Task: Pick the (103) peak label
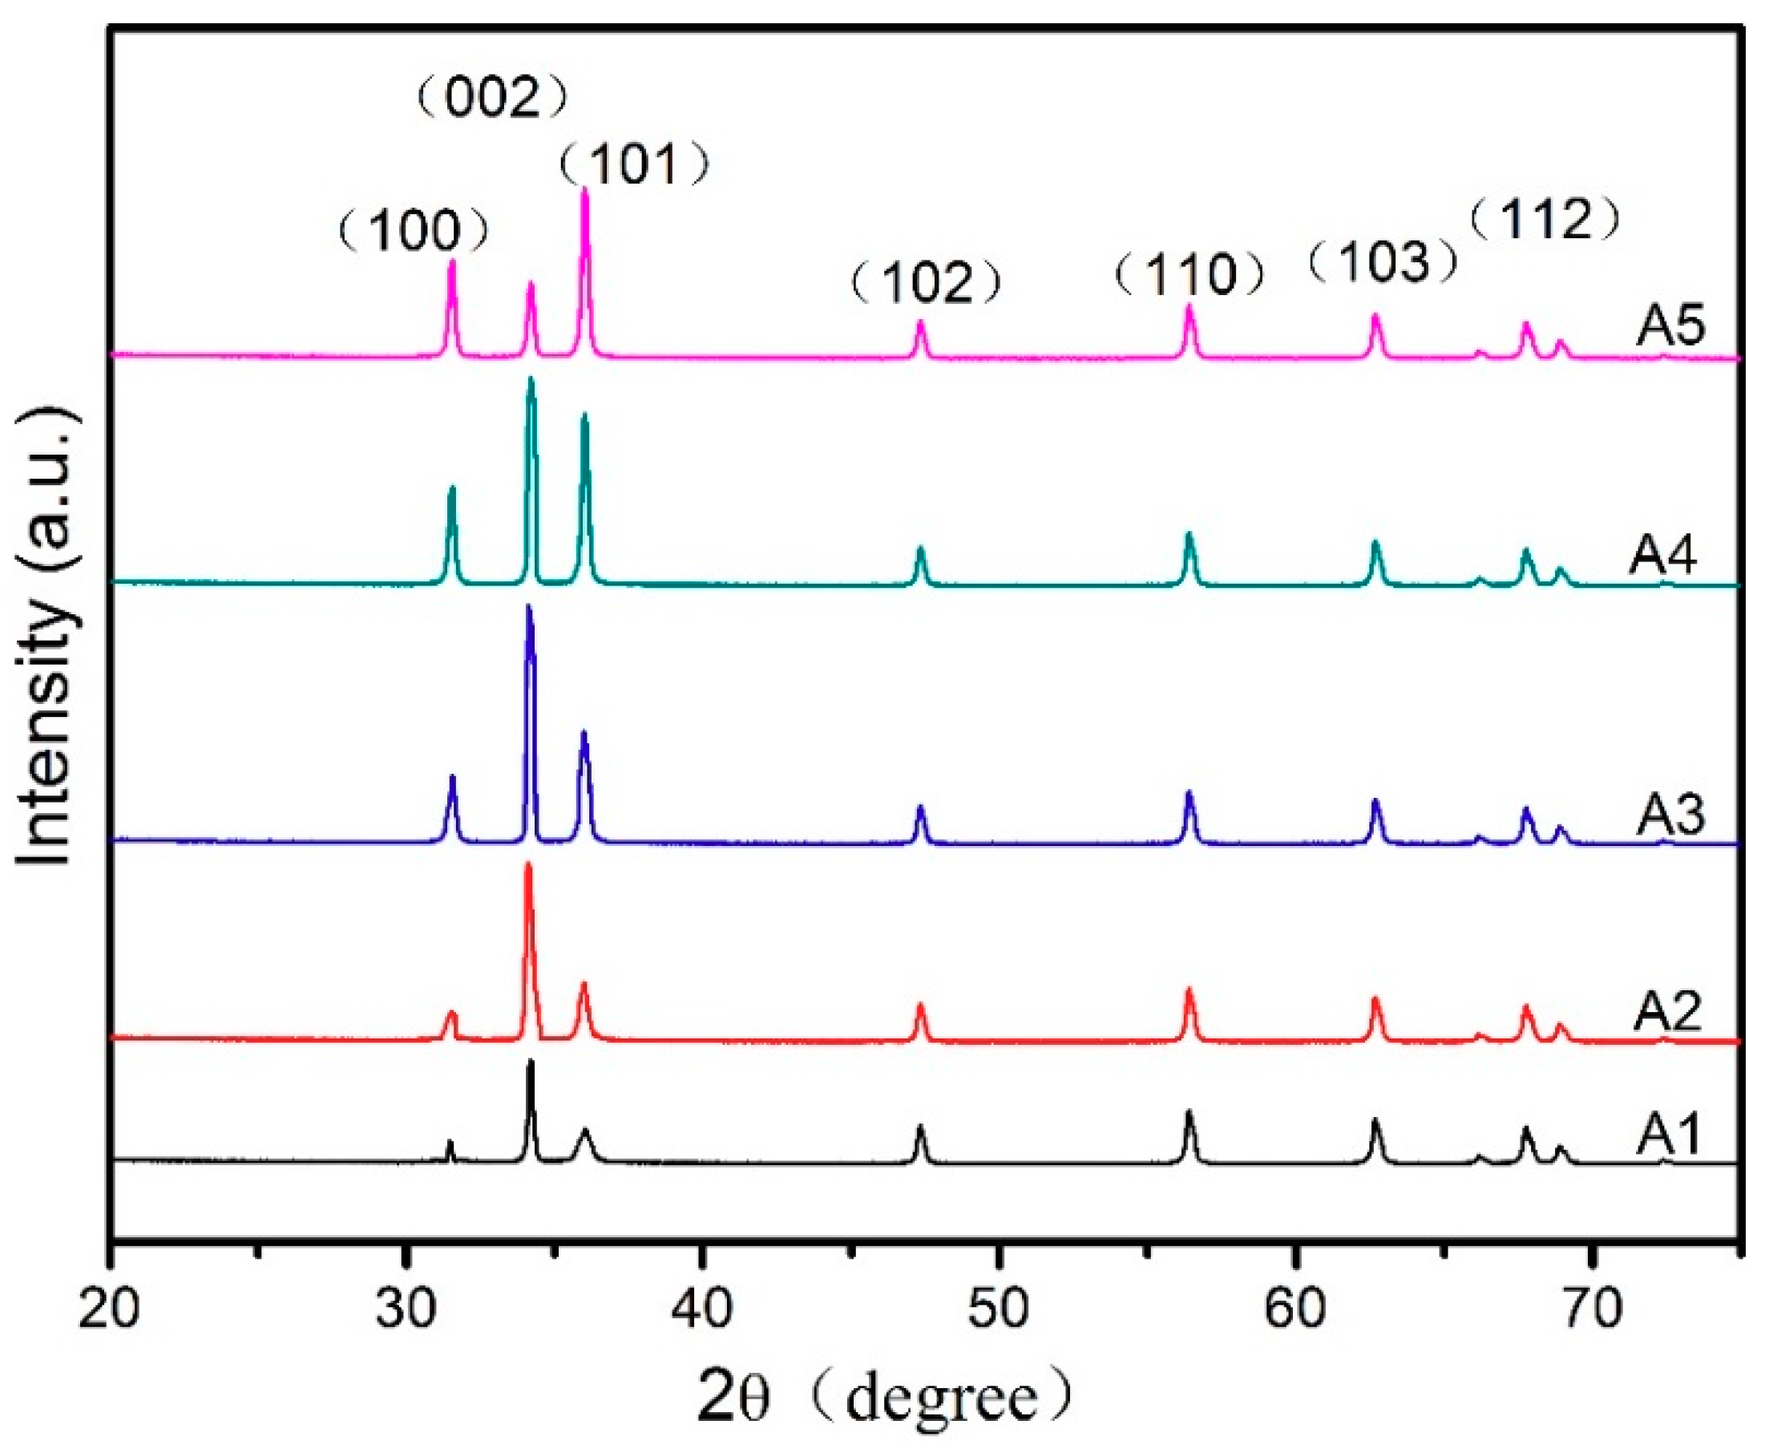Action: point(1383,262)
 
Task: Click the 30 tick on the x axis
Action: point(406,1311)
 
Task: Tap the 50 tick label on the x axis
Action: point(998,1311)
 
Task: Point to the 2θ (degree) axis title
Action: point(885,1399)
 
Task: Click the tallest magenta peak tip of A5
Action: point(584,190)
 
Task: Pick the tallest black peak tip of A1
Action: point(530,1062)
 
